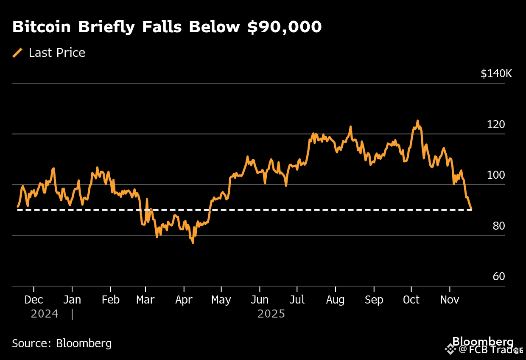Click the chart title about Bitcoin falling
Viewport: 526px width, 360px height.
coord(167,27)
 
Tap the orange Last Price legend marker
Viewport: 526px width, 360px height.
coord(18,53)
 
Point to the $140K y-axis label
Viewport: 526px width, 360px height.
coord(496,73)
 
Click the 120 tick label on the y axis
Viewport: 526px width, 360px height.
coord(496,125)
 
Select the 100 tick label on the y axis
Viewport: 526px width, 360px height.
coord(496,175)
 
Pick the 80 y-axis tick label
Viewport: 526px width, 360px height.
coord(499,226)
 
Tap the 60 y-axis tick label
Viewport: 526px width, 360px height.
coord(499,277)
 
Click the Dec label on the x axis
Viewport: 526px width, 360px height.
coord(34,300)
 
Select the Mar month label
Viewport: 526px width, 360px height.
coord(145,300)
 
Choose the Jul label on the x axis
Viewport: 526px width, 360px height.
coord(297,300)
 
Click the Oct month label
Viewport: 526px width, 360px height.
coord(411,300)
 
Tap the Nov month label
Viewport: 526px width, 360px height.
coord(450,300)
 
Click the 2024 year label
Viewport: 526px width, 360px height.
coord(45,314)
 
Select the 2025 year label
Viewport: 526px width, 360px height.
coord(271,314)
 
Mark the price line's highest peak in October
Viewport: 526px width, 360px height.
coord(417,121)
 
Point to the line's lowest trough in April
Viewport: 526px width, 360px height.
coord(193,242)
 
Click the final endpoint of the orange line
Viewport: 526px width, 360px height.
coord(471,209)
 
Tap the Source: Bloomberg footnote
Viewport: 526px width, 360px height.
coord(62,343)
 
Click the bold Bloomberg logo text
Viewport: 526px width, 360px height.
coord(483,341)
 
